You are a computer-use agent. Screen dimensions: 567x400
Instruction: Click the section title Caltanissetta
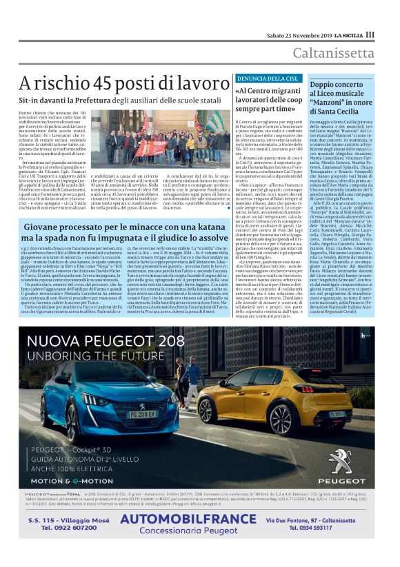click(334, 53)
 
